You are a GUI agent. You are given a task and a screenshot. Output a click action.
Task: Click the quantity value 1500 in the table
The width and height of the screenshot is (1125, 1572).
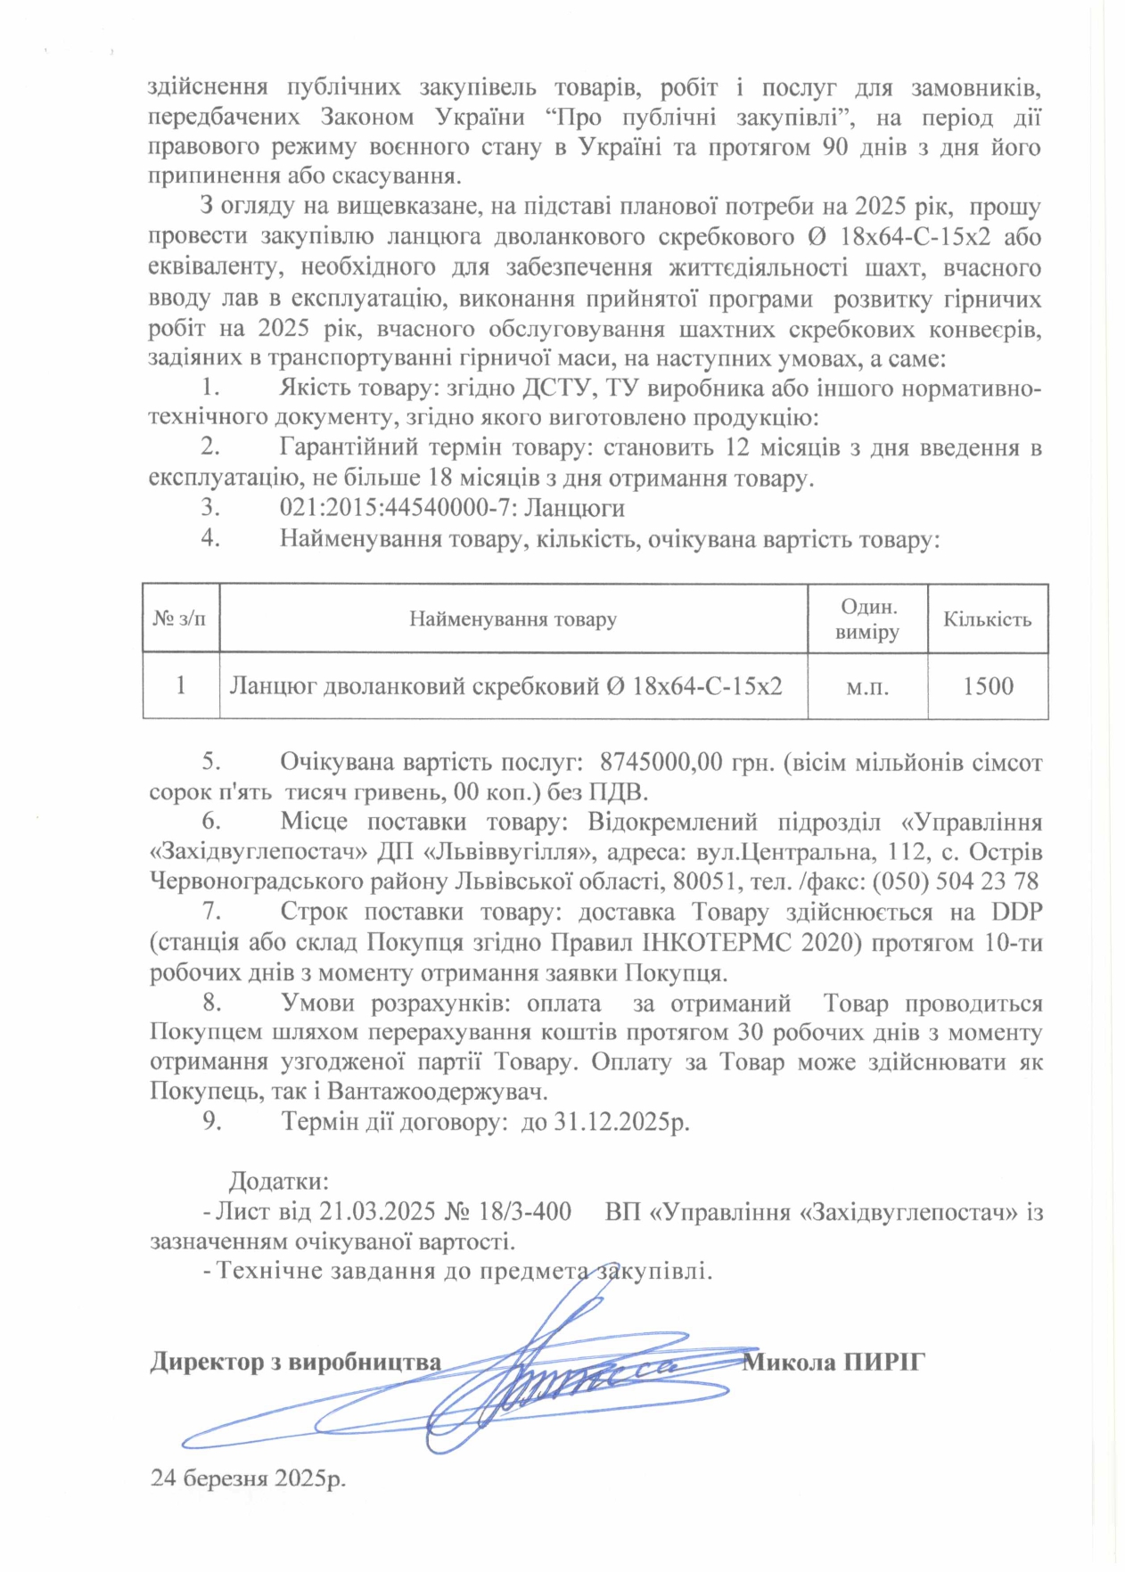point(988,686)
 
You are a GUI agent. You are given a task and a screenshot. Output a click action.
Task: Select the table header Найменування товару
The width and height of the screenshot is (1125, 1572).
point(513,619)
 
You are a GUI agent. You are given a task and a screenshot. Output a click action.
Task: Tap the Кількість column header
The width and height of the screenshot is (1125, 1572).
point(988,619)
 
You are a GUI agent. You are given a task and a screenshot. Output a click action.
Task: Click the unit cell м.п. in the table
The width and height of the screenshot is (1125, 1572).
point(866,686)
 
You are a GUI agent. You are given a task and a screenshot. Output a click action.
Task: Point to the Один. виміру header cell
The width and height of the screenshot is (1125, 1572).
point(867,619)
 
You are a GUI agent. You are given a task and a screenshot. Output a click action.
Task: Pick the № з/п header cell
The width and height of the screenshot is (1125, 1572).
point(180,619)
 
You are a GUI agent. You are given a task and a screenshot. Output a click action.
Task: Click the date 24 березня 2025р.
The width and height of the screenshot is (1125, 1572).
point(248,1478)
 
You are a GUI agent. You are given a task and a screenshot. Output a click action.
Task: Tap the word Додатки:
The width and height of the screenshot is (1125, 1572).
point(279,1182)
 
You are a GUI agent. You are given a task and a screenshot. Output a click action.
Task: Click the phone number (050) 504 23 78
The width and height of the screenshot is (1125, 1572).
point(955,882)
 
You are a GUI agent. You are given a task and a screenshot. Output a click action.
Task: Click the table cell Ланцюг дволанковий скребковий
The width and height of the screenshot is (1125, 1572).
point(505,686)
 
